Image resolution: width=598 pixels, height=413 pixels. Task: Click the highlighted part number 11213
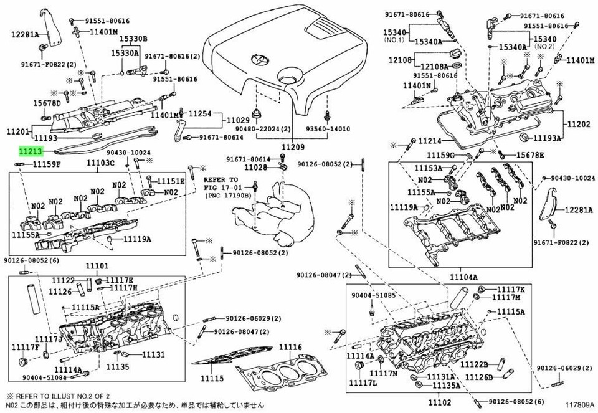click(30, 151)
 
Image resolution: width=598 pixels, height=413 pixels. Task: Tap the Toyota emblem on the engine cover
click(255, 60)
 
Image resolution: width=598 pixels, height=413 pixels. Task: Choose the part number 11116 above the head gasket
click(290, 347)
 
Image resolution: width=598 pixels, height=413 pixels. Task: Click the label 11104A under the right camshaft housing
click(463, 277)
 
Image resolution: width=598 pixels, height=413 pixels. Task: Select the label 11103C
click(100, 163)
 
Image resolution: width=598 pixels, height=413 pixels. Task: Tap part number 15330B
click(134, 39)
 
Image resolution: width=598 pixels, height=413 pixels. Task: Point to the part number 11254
click(201, 114)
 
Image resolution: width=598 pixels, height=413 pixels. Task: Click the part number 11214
click(429, 141)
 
